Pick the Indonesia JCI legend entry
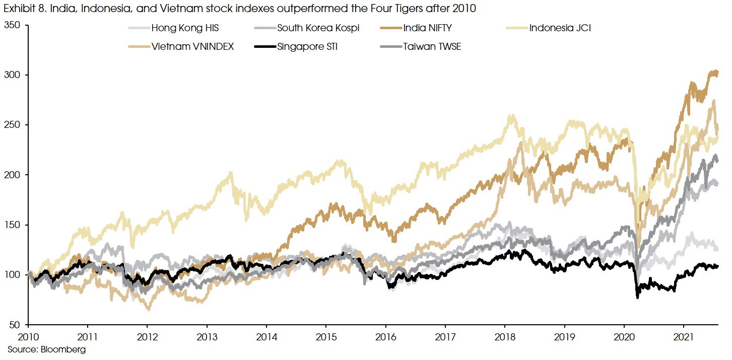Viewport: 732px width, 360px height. coord(560,28)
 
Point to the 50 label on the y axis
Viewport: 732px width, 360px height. coord(16,325)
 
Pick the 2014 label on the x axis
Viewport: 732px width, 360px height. coord(266,336)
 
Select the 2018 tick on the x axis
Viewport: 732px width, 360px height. coord(505,336)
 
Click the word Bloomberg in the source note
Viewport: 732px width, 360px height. coord(67,349)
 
